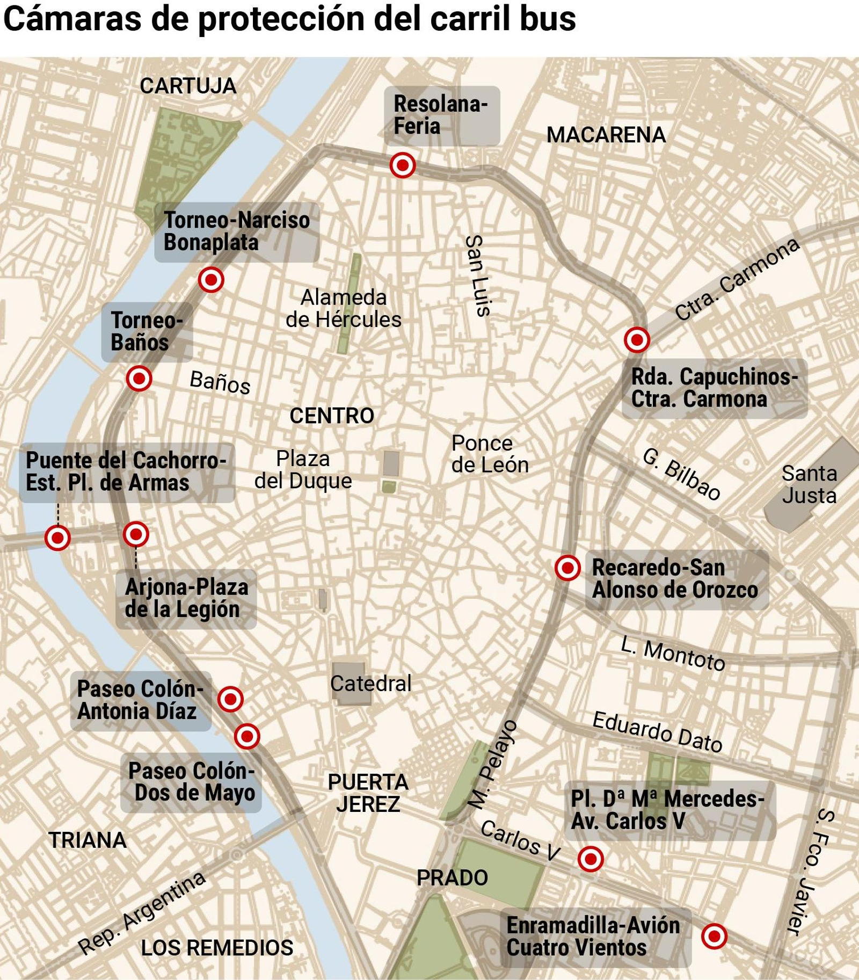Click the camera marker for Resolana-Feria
[402, 165]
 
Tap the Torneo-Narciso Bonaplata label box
[237, 231]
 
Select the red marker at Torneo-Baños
[139, 379]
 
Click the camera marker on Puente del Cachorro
[57, 537]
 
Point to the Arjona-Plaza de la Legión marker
[136, 534]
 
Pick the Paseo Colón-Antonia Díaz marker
[231, 699]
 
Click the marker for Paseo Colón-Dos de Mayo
[247, 735]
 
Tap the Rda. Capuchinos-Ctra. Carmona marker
[637, 339]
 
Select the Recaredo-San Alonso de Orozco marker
[567, 568]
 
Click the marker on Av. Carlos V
[591, 858]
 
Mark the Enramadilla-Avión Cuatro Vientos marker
[714, 936]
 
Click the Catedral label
[370, 684]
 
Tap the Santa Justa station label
[809, 484]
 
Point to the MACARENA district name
[606, 135]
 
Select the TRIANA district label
[88, 840]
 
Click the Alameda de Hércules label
[344, 309]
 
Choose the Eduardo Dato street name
[657, 731]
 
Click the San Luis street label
[477, 275]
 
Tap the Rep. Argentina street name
[142, 912]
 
